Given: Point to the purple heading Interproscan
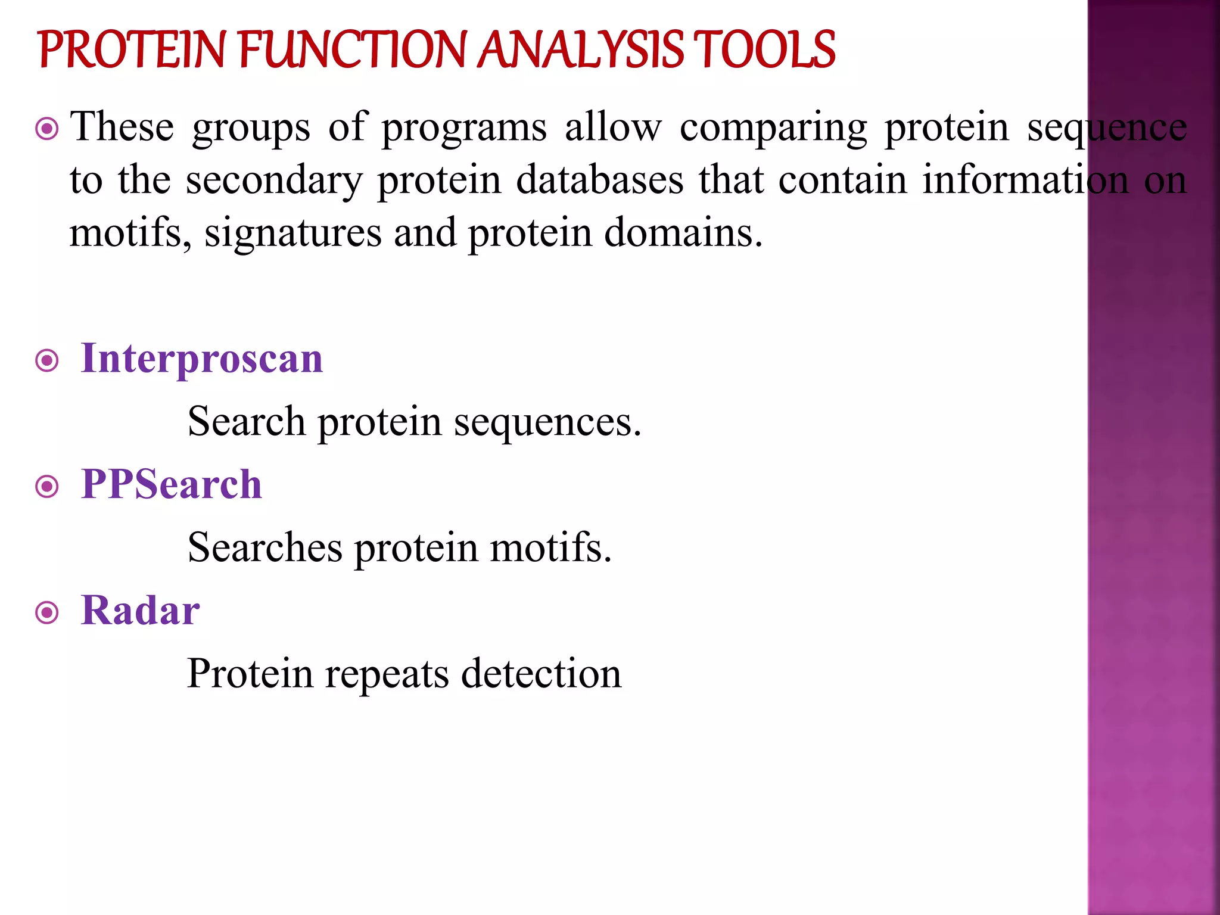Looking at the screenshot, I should point(202,359).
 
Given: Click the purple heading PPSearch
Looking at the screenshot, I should point(172,484).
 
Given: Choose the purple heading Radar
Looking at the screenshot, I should point(141,611).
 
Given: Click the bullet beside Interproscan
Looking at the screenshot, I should point(47,361).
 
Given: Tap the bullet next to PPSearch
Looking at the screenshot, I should point(47,487).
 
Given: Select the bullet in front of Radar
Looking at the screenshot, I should point(47,613).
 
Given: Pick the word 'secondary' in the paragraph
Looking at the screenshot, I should point(274,180).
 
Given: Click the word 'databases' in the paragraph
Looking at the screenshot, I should point(599,180).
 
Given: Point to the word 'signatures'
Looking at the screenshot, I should point(293,233).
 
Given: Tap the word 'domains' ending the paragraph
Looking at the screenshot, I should point(683,232).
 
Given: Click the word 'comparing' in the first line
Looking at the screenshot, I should point(773,128).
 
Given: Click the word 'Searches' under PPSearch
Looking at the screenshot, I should point(265,547).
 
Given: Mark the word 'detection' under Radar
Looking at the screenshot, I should point(541,674).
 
